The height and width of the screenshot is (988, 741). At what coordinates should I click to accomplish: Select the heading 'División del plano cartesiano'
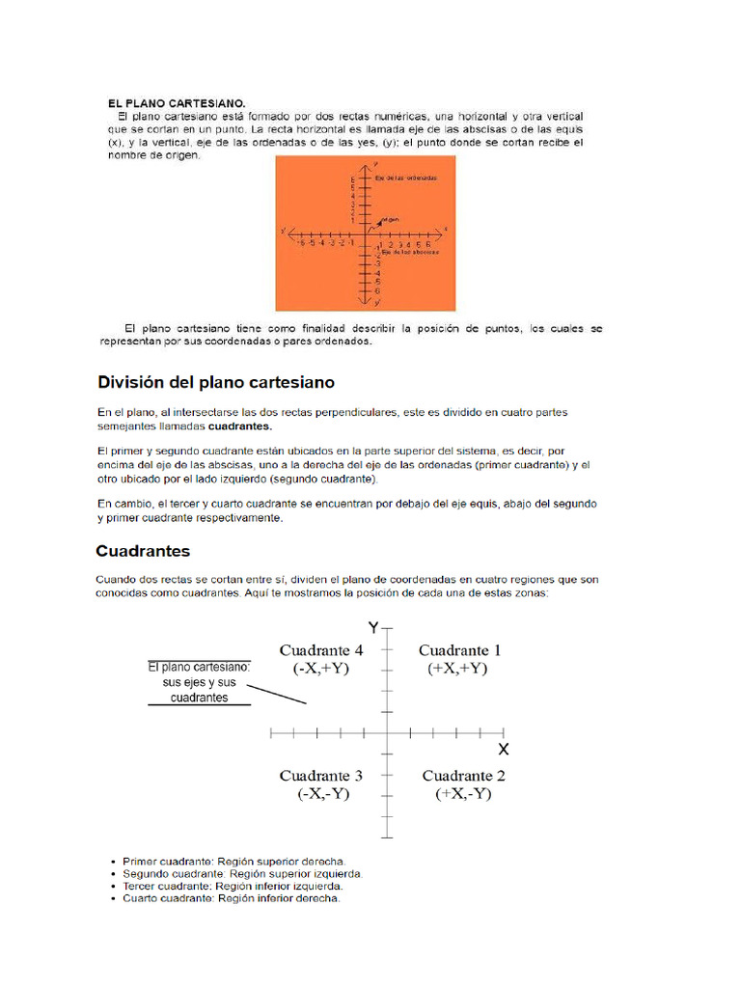point(216,382)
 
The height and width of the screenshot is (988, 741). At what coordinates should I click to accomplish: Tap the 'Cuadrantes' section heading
point(143,551)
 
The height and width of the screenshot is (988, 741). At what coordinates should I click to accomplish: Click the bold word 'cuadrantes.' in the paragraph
point(240,425)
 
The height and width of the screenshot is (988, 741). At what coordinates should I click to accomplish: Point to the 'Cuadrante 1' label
point(459,650)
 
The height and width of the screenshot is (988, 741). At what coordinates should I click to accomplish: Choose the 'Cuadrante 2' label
point(463,776)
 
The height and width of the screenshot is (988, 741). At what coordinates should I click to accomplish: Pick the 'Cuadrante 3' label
point(321,776)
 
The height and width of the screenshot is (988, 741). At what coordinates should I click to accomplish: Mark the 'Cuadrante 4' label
point(321,650)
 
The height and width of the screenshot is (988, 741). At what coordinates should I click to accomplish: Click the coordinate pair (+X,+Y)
point(457,669)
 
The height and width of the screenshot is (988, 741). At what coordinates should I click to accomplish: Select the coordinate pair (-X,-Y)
point(323,794)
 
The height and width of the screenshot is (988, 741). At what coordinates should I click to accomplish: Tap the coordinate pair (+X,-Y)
point(463,794)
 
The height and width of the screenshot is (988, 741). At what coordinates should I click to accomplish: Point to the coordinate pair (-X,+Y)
point(320,669)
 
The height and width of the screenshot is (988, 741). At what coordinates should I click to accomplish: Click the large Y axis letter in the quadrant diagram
point(373,628)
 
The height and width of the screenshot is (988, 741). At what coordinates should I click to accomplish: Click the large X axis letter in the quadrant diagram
point(503,749)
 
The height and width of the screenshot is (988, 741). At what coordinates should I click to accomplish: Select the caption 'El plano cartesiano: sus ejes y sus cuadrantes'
point(200,682)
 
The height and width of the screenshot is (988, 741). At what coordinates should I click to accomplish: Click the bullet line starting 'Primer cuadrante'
point(233,861)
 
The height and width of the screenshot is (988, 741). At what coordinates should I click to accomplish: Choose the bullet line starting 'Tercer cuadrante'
point(233,886)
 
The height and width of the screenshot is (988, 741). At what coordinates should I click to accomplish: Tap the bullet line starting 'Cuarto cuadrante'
point(231,898)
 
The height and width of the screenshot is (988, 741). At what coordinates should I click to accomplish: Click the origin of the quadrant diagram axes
point(387,733)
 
